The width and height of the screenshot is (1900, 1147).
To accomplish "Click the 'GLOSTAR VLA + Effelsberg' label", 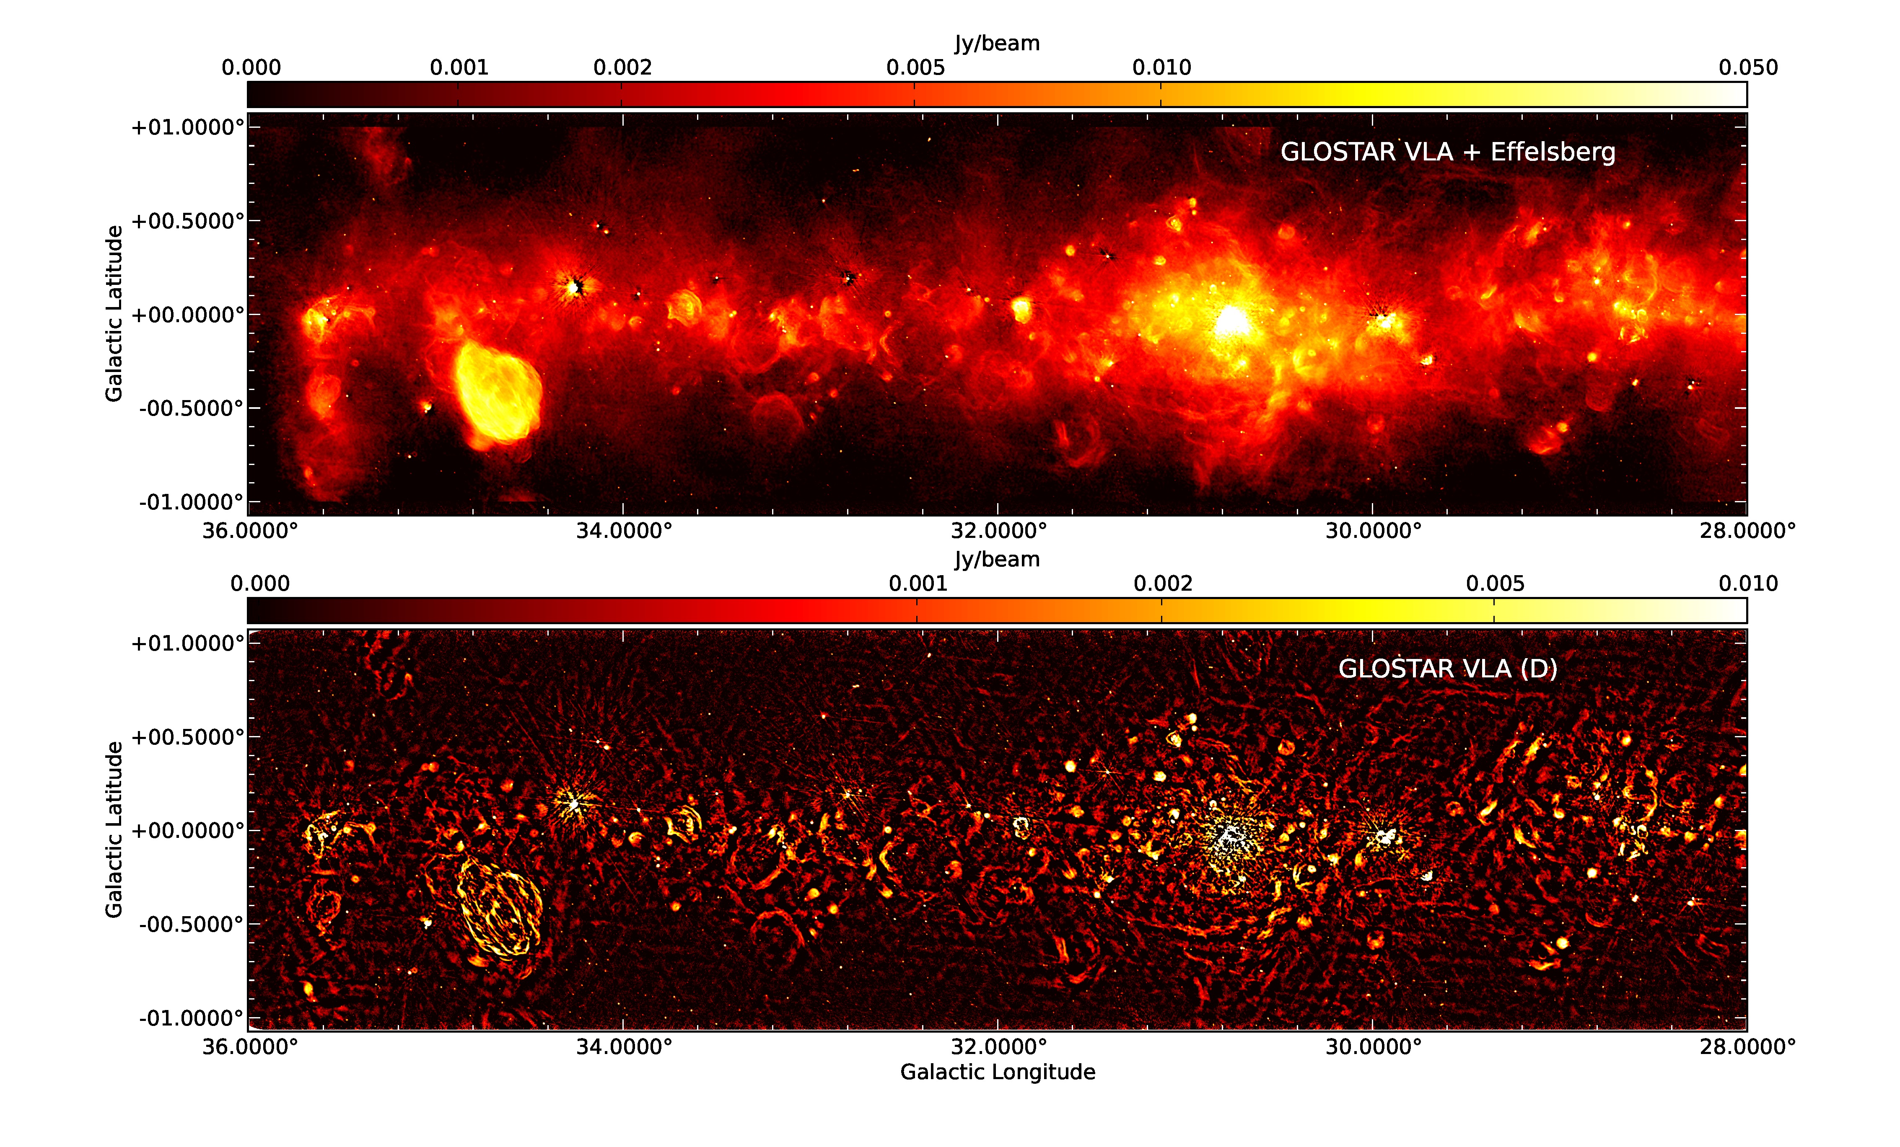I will pos(1447,152).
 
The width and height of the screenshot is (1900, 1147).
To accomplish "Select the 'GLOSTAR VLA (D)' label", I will pos(1447,668).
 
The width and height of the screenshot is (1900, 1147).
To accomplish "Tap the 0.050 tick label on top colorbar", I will pos(1747,68).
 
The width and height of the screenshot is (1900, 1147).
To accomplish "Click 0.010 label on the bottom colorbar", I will pos(1747,584).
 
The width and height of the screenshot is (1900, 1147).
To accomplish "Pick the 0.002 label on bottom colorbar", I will pos(1162,584).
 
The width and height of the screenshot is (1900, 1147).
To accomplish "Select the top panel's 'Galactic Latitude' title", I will pos(114,314).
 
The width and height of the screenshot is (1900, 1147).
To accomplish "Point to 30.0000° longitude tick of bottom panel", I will pos(1373,1047).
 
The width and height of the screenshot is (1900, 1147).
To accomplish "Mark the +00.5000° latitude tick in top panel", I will pos(187,221).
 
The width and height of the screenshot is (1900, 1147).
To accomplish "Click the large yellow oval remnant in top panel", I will pos(498,393).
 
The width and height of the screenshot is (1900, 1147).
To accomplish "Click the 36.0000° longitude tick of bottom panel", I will pos(250,1047).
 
